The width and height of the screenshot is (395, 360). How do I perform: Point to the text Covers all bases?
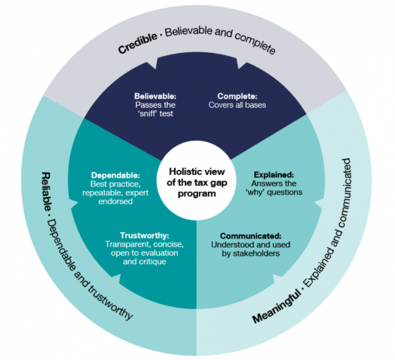(238, 104)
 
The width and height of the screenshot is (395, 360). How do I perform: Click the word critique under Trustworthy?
(154, 261)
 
